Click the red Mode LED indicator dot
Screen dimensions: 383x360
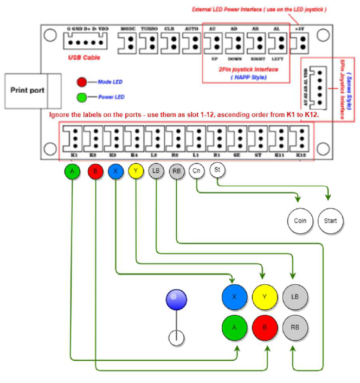(x=82, y=82)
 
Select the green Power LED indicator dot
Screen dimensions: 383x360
(x=82, y=98)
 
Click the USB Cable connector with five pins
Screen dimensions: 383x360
(x=85, y=42)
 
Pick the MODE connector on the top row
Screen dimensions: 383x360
(x=128, y=42)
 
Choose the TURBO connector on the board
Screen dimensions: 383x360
(x=149, y=42)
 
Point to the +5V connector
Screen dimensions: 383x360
(x=300, y=42)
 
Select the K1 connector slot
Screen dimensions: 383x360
(x=73, y=140)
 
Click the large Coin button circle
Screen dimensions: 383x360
(x=300, y=221)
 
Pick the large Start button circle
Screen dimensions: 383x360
(x=330, y=221)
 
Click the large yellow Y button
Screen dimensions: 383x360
(x=265, y=297)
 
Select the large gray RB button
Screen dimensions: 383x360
(x=295, y=328)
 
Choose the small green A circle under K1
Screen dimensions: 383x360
(x=72, y=172)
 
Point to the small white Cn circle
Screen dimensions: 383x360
(x=196, y=171)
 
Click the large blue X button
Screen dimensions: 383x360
(x=234, y=297)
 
